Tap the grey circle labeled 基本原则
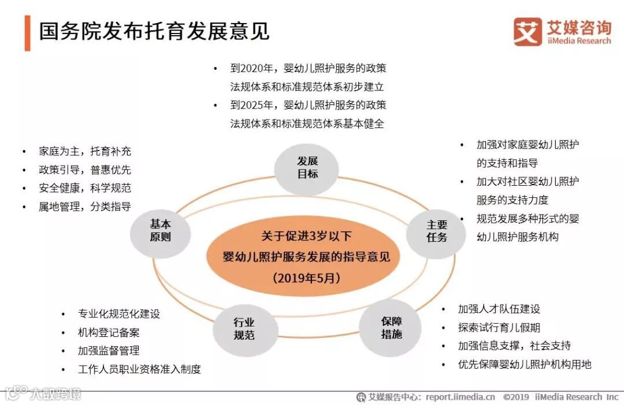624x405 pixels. [x=160, y=231]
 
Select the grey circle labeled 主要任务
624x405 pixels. [x=437, y=231]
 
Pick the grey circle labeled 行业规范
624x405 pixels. [x=244, y=329]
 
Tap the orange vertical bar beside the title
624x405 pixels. [x=27, y=33]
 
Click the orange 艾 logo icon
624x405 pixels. [x=528, y=31]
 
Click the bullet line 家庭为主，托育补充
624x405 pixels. [x=85, y=151]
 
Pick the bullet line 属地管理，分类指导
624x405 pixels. [x=85, y=207]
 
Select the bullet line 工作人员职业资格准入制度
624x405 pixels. [x=139, y=369]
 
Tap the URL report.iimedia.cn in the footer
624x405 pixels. [x=460, y=397]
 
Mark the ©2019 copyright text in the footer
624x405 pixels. [x=516, y=397]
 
